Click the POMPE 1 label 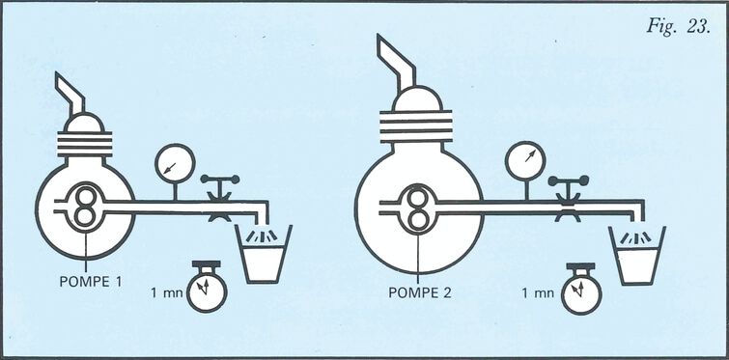91,281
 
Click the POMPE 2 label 420,293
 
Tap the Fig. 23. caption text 678,27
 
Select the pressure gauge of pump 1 175,163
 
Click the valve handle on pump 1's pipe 220,180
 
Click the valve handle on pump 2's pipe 569,180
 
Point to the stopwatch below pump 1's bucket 207,287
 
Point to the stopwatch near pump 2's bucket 581,289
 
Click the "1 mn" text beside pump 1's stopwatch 165,292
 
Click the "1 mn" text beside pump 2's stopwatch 538,293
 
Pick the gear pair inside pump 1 85,207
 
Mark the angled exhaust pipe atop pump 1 70,94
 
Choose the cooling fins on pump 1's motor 85,144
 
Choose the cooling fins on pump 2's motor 416,126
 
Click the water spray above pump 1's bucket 262,235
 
